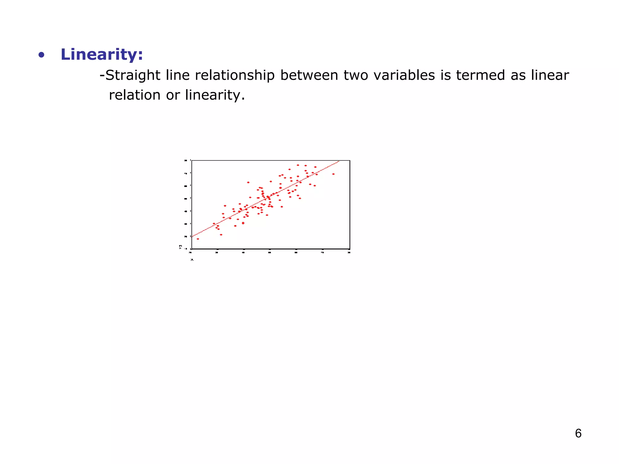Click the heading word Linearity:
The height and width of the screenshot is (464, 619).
point(102,55)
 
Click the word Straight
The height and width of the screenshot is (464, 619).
point(133,75)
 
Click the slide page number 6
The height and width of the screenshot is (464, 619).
point(578,433)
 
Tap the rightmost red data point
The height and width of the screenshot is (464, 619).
point(333,174)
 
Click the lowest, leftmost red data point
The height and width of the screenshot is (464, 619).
point(198,239)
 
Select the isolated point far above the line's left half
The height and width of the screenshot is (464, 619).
point(248,182)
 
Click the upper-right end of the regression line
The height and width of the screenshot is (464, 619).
point(339,162)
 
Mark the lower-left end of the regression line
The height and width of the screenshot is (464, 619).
point(193,237)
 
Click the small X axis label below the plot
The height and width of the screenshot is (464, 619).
point(192,260)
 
